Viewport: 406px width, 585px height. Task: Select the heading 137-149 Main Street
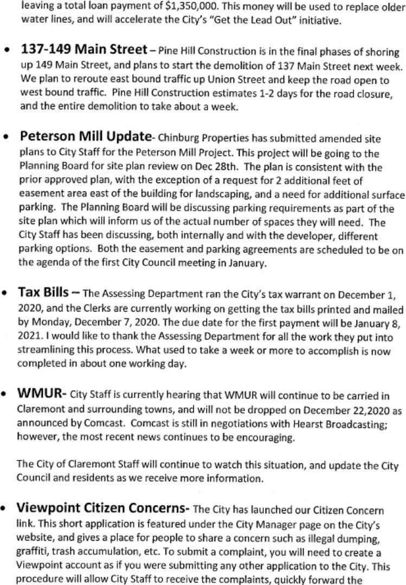pyautogui.click(x=83, y=50)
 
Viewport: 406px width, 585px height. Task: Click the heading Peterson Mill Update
pyautogui.click(x=85, y=135)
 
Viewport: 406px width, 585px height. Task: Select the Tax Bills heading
pyautogui.click(x=43, y=292)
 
